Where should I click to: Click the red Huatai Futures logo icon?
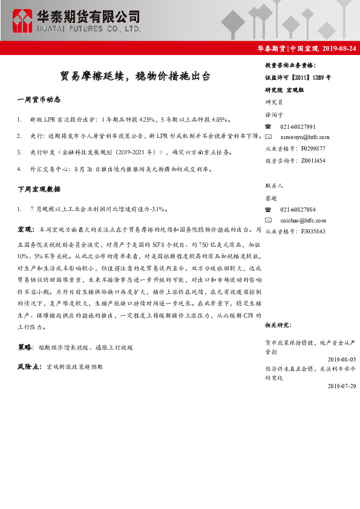[24, 22]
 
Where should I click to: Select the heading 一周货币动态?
[38, 100]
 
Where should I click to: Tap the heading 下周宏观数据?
[38, 189]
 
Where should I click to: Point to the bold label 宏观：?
[25, 230]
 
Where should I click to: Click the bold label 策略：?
[25, 348]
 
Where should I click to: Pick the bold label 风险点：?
[29, 366]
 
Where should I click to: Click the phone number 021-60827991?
[298, 126]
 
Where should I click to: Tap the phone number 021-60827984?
[298, 209]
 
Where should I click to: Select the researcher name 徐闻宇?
[273, 115]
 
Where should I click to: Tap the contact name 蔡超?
[271, 197]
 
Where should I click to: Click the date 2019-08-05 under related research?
[341, 358]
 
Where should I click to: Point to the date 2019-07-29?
[341, 385]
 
